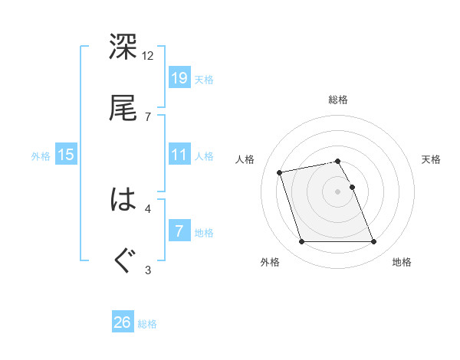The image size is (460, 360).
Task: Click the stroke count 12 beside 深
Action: (148, 56)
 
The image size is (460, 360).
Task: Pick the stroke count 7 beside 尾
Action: (148, 116)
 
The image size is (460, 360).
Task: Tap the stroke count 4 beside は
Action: (148, 208)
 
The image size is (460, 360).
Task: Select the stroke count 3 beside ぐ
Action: (148, 269)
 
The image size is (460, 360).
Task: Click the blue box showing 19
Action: (179, 78)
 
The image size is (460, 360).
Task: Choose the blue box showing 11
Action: (179, 155)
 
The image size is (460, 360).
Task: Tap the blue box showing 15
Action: (66, 155)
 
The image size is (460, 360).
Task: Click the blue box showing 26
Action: (123, 322)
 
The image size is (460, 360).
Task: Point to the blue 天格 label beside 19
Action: (204, 80)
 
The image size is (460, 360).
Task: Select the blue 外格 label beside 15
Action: (41, 156)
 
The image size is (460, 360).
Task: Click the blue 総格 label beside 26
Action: (147, 324)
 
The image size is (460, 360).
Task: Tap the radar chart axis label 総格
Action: (338, 100)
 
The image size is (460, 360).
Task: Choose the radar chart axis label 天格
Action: (432, 159)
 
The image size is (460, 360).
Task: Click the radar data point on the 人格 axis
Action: (280, 172)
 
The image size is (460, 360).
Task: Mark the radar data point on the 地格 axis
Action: (373, 242)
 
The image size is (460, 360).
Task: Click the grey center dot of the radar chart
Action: (338, 191)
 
